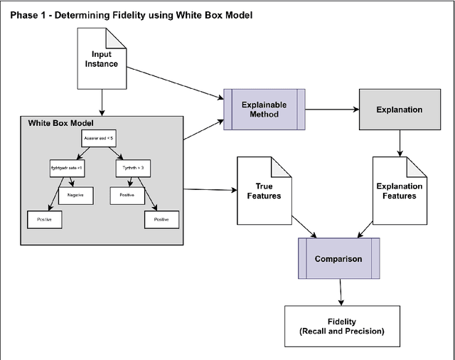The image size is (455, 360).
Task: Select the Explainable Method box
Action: tap(264, 110)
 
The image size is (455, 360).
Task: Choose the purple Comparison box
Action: tap(338, 258)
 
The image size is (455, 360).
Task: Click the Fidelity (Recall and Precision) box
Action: tap(341, 326)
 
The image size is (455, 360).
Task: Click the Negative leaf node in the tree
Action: tap(75, 194)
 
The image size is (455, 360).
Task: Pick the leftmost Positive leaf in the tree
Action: tap(45, 221)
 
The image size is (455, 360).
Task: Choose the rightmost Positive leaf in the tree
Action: tap(161, 220)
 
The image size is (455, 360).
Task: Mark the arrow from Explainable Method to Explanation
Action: tap(331, 110)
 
